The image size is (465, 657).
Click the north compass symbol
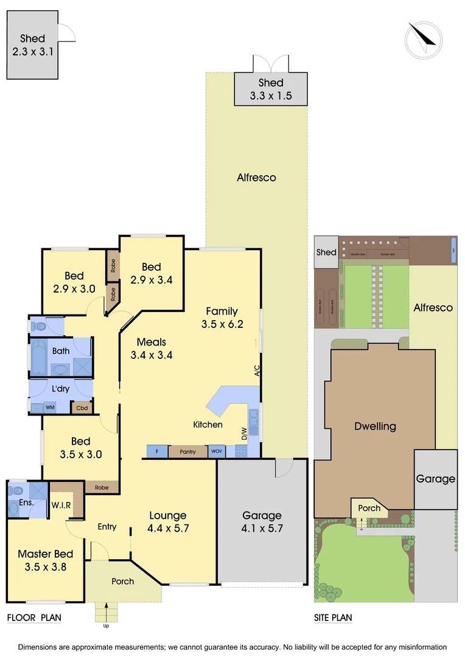click(423, 40)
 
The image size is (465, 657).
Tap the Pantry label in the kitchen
click(187, 452)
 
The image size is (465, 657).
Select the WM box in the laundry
click(50, 408)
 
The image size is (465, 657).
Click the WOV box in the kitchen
click(217, 451)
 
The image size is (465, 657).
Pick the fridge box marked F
click(157, 451)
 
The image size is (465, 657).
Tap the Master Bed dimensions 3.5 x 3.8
click(46, 567)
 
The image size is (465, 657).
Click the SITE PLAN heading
click(333, 618)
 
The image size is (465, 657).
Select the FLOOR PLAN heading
click(34, 618)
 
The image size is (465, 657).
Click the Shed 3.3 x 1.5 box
click(271, 89)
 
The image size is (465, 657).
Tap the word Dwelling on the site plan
click(375, 426)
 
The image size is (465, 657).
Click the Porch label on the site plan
click(369, 509)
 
